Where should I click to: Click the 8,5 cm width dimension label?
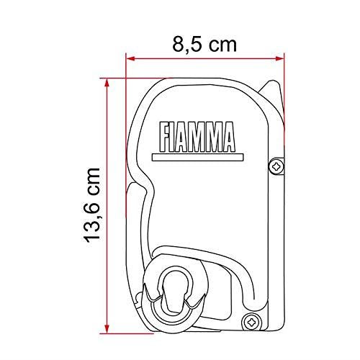click(x=204, y=45)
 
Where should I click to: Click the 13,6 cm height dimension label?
click(x=91, y=205)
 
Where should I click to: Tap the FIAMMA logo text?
click(x=197, y=137)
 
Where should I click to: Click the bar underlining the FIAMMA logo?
click(x=198, y=157)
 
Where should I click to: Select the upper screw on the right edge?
click(x=276, y=166)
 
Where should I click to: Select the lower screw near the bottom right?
click(x=251, y=322)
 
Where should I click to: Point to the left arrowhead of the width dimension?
click(x=130, y=58)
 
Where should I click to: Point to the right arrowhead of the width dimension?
click(x=280, y=58)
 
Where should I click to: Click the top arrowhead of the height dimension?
click(x=107, y=83)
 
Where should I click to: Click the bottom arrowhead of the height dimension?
click(x=107, y=329)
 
